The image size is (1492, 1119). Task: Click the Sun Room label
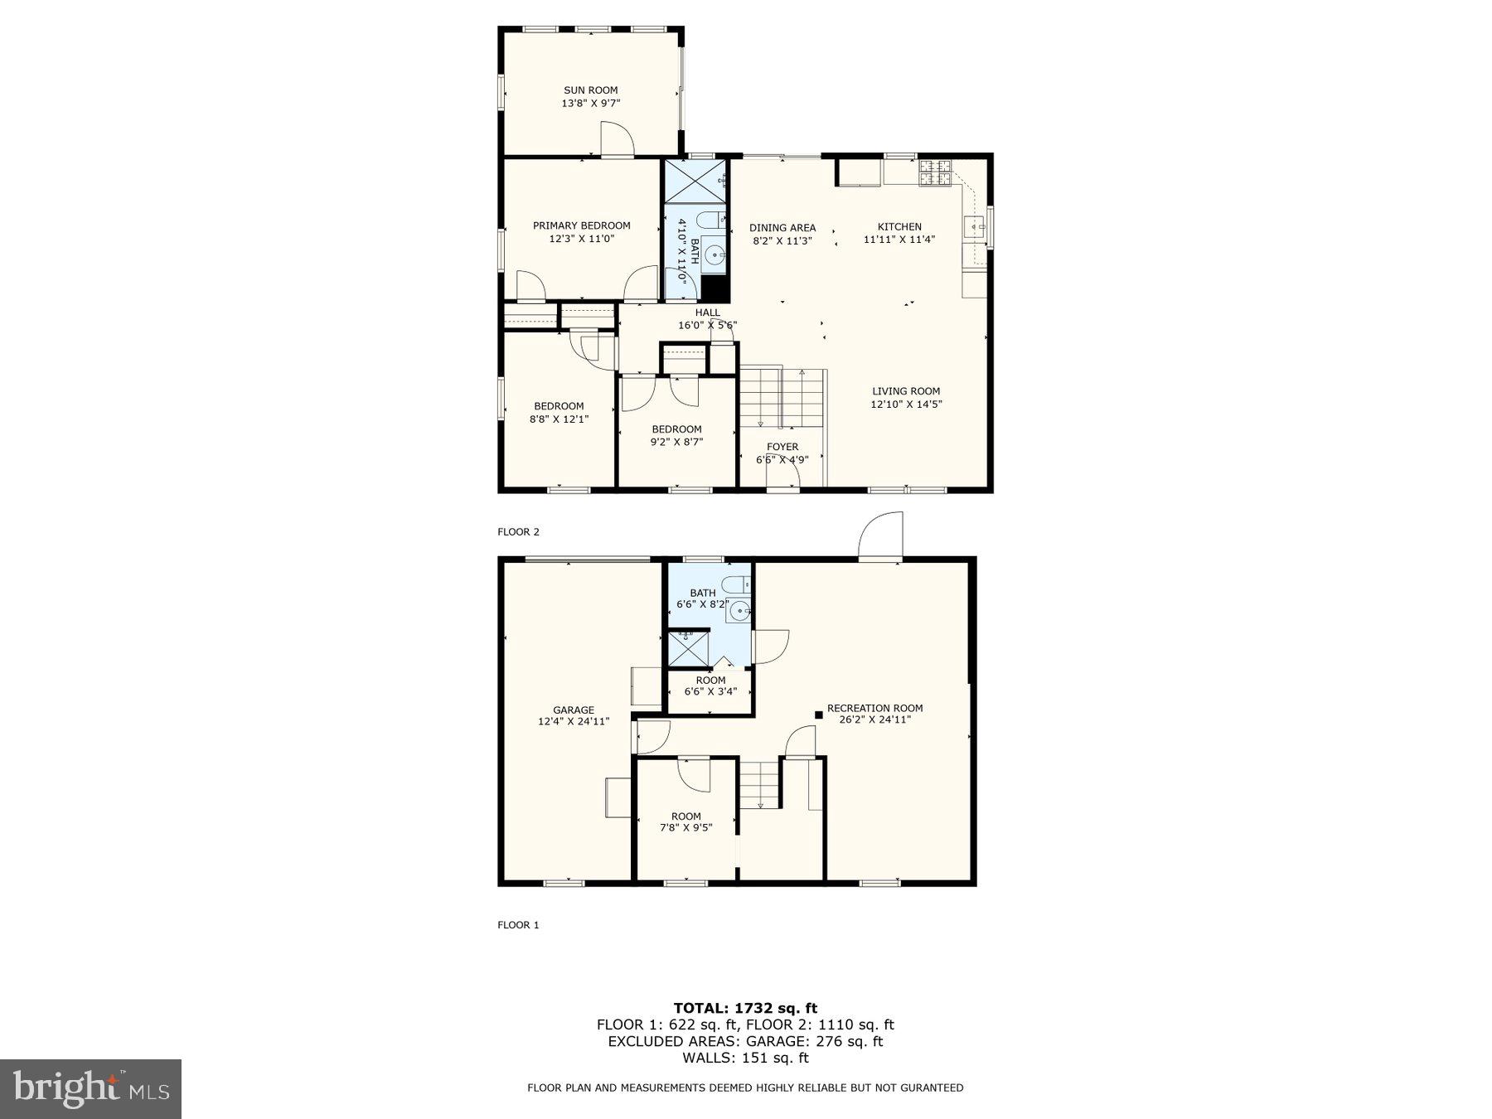(x=590, y=90)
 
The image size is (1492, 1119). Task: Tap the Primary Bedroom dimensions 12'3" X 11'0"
(x=581, y=239)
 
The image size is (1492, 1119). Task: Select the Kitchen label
(x=899, y=226)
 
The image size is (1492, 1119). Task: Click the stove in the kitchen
(x=936, y=172)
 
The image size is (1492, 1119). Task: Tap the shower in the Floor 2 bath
(x=695, y=180)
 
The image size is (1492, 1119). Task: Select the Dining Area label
(x=782, y=227)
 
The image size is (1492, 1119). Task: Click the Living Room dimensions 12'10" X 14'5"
(x=906, y=404)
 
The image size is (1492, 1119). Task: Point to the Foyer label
(x=782, y=447)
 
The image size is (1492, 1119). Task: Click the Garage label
(x=574, y=710)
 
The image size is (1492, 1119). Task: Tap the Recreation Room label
(x=874, y=708)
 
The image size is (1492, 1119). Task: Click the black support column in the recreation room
(x=819, y=715)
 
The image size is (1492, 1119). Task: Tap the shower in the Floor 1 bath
(x=689, y=649)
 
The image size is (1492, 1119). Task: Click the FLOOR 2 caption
(x=518, y=532)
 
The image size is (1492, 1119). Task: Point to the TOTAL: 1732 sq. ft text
(x=745, y=1008)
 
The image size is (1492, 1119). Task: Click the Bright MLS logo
(x=90, y=1088)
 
